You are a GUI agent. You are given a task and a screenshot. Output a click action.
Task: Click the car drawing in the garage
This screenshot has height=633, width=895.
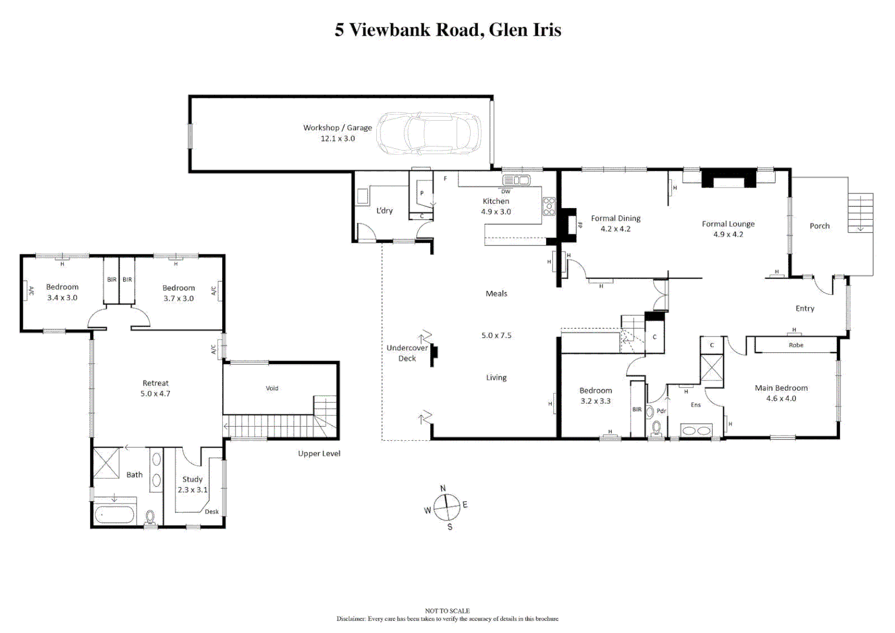coord(428,133)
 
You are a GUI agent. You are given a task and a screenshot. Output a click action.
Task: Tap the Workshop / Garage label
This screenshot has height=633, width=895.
coord(337,127)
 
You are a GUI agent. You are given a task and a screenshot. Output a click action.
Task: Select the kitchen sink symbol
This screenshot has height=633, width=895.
coord(516,180)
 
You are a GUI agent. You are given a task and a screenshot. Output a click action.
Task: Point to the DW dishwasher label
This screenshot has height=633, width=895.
coord(505,192)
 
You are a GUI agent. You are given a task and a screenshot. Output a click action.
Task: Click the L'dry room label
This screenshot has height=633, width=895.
coord(384,210)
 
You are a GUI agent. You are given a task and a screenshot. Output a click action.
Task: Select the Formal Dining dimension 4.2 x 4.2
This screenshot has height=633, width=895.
coord(615,229)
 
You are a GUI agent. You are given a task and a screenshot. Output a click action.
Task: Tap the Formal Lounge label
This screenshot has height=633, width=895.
coord(728,223)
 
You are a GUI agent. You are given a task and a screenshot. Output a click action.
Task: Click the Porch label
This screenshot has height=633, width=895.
coord(819,226)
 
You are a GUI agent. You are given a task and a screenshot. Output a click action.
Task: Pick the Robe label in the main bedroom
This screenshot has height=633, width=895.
coord(795,345)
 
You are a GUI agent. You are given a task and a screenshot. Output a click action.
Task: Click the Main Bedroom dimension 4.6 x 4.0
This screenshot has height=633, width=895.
coord(781,399)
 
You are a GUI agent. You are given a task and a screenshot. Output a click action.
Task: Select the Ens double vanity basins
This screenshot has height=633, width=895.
coord(696,431)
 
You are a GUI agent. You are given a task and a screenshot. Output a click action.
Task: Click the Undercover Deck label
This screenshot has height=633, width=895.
coord(407,353)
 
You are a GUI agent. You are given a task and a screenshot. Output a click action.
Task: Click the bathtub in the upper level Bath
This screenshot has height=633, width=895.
coord(115,515)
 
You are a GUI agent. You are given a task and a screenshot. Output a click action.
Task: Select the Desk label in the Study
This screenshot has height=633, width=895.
coord(212,512)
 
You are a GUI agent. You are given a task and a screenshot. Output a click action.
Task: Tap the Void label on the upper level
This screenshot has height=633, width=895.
coord(272,388)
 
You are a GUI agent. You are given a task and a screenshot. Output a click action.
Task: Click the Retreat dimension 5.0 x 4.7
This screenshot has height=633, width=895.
coord(155,394)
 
